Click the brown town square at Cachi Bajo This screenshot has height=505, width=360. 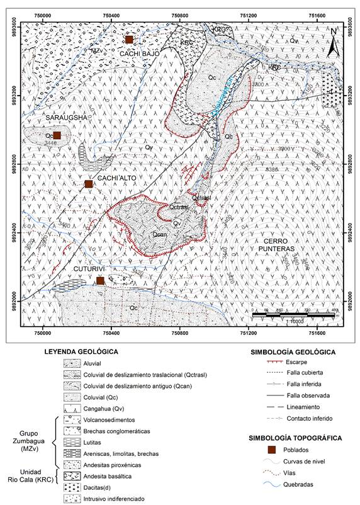coord(129,40)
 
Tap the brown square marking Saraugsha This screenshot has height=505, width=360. coord(57,135)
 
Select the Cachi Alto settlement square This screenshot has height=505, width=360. coord(89,184)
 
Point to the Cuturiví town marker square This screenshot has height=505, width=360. coord(99,281)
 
